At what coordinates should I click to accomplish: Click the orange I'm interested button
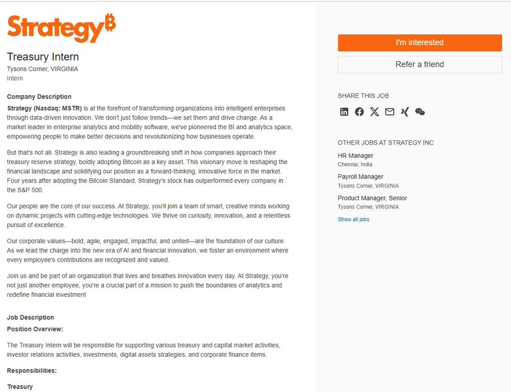pyautogui.click(x=420, y=43)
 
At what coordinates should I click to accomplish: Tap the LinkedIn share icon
pyautogui.click(x=344, y=112)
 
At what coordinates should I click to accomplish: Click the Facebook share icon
pyautogui.click(x=359, y=112)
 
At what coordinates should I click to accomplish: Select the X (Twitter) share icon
pyautogui.click(x=375, y=112)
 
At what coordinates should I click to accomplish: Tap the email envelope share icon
pyautogui.click(x=389, y=112)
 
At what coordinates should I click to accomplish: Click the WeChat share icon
pyautogui.click(x=420, y=112)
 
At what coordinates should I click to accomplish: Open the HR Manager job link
pyautogui.click(x=355, y=156)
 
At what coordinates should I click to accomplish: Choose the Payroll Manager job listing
pyautogui.click(x=360, y=177)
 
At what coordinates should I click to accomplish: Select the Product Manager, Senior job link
pyautogui.click(x=372, y=198)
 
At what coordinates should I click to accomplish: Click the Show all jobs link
pyautogui.click(x=353, y=219)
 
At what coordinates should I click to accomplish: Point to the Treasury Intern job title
pyautogui.click(x=43, y=57)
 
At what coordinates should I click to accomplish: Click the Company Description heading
pyautogui.click(x=39, y=96)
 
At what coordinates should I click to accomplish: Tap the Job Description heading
pyautogui.click(x=30, y=317)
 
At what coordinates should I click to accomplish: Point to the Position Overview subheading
pyautogui.click(x=35, y=329)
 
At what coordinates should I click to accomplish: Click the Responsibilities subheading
pyautogui.click(x=31, y=370)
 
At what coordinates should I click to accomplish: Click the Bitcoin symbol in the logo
pyautogui.click(x=110, y=22)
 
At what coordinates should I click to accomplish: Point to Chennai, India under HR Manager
pyautogui.click(x=355, y=164)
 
